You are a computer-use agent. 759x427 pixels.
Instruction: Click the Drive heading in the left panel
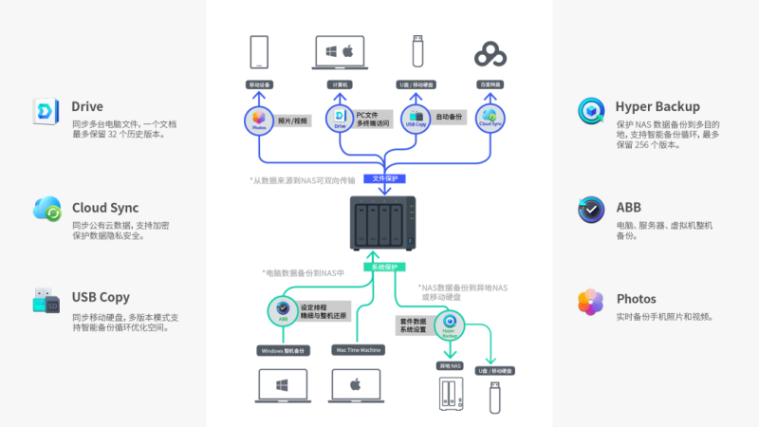(x=87, y=106)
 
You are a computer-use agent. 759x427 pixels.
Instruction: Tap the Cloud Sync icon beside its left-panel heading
(x=46, y=209)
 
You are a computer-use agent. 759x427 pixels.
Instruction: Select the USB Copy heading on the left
(x=101, y=297)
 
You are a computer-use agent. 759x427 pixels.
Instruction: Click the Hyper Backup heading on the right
(x=657, y=106)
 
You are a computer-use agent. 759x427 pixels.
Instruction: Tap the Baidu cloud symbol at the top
(x=491, y=54)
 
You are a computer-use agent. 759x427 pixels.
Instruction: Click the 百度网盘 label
(x=491, y=85)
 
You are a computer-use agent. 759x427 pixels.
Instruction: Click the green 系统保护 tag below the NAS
(x=383, y=268)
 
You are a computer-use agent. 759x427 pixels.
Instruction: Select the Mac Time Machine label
(x=357, y=350)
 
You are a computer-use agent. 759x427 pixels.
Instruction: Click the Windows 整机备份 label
(x=285, y=350)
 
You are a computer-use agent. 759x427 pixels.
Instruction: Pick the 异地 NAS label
(x=451, y=365)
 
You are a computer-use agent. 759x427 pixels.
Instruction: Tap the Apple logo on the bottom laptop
(x=357, y=385)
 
